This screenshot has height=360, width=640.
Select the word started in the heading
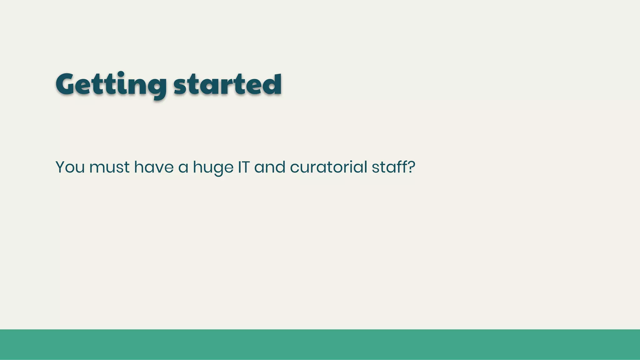(227, 84)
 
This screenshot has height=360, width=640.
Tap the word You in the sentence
(70, 167)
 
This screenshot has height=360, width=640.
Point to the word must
(109, 167)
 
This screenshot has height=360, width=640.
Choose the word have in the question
(154, 167)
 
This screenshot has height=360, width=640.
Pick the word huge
(213, 168)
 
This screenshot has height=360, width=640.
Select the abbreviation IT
(244, 167)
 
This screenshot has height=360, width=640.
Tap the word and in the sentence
(270, 167)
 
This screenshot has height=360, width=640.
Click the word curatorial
(328, 167)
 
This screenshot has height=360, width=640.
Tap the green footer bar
(320, 344)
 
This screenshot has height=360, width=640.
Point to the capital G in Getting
(67, 84)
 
